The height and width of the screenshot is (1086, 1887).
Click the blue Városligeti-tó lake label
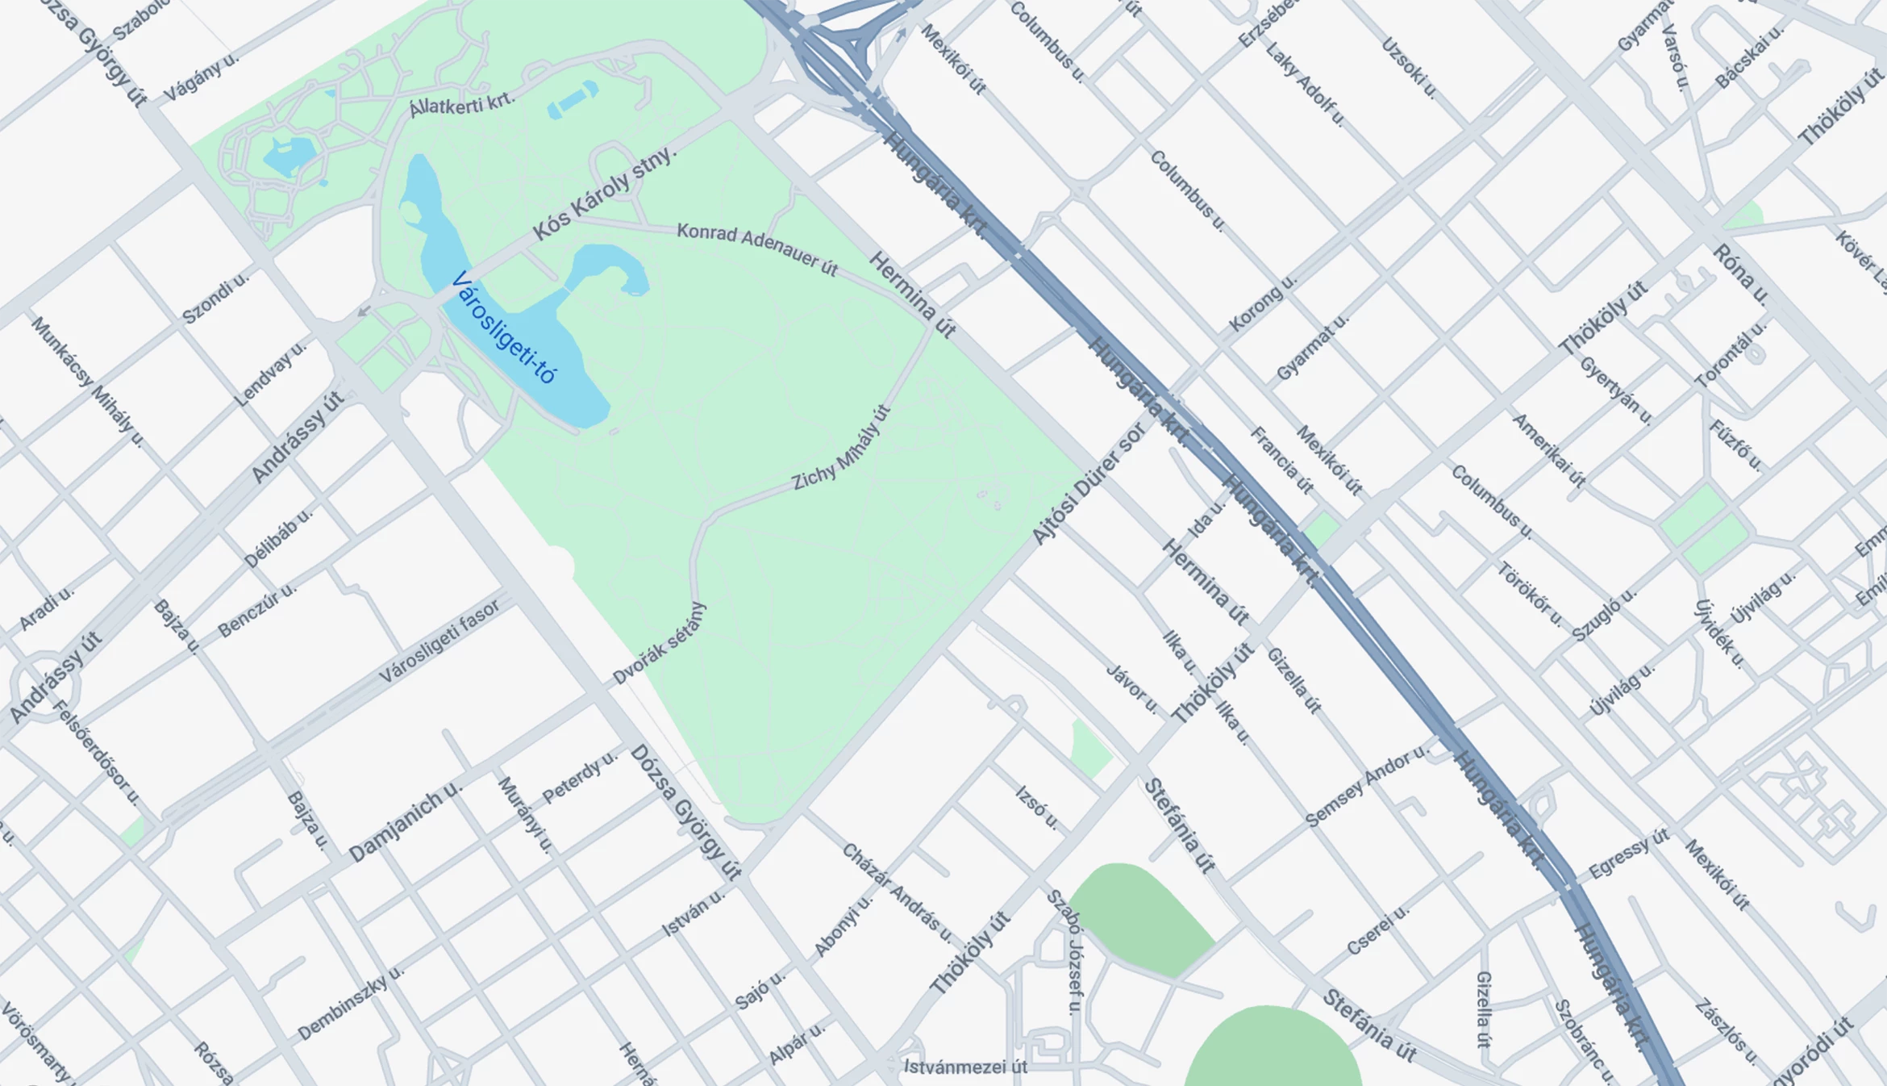[x=504, y=328]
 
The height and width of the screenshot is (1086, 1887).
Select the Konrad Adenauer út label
[x=757, y=249]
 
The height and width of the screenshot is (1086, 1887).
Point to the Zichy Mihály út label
[x=841, y=448]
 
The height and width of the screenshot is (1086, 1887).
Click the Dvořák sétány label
[x=659, y=643]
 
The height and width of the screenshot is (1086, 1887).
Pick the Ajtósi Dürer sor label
[x=1088, y=483]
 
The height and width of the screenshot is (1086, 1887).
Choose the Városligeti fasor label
[x=439, y=642]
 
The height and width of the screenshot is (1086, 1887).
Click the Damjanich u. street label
[x=406, y=821]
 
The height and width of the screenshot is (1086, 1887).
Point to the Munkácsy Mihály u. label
[x=88, y=382]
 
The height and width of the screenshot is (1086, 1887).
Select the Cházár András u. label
[x=897, y=892]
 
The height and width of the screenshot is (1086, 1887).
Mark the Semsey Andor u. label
[x=1366, y=786]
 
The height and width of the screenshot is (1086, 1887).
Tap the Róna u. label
[x=1741, y=274]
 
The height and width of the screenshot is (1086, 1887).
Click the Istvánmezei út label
[x=965, y=1067]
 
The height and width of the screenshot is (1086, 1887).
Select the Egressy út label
[x=1628, y=854]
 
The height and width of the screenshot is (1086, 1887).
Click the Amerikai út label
[x=1548, y=450]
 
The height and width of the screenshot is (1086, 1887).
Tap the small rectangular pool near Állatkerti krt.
[x=573, y=100]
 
